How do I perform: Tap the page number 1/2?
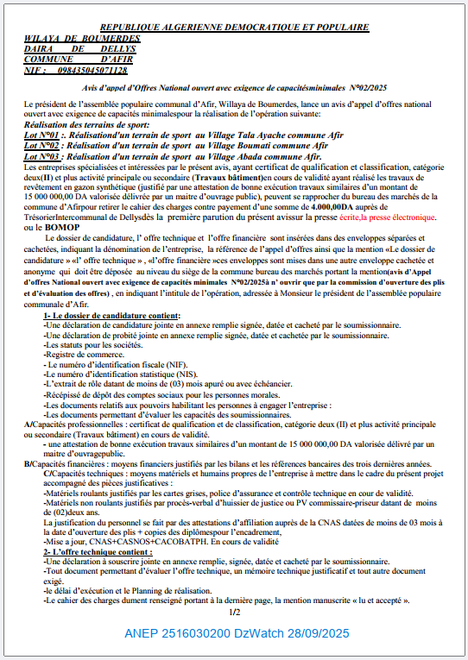coord(234,613)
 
